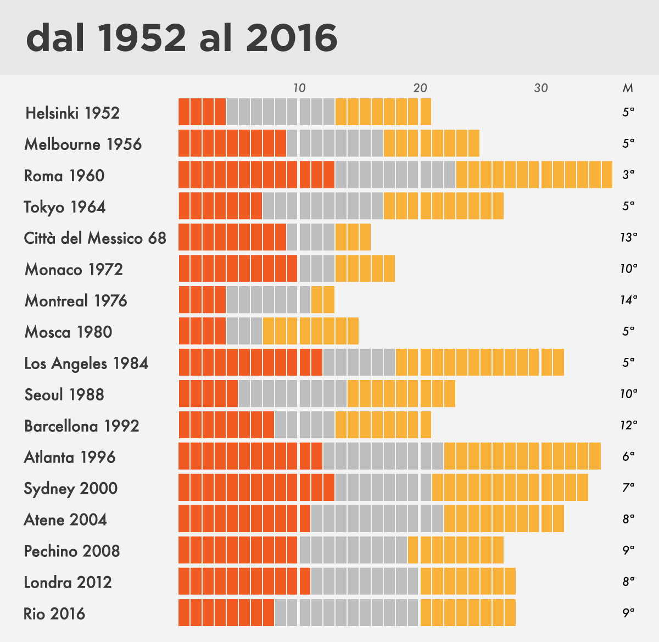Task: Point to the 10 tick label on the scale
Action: tap(299, 88)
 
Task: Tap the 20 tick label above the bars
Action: tap(420, 88)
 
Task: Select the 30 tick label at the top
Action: tap(541, 88)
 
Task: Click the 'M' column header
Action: tap(628, 88)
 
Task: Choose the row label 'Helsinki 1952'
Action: tap(72, 113)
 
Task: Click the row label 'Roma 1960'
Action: tap(64, 176)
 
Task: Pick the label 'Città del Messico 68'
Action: tap(95, 238)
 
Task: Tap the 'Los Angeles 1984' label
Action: tap(86, 364)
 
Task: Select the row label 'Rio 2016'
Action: tap(54, 613)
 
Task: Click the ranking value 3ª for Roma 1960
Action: tap(628, 175)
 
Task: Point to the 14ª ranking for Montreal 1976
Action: tap(628, 300)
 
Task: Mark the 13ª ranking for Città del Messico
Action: tap(628, 237)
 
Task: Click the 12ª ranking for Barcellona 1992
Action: tap(628, 425)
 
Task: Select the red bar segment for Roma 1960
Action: tap(256, 175)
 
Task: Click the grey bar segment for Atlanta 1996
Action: tap(383, 456)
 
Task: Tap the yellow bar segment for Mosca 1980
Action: tap(311, 331)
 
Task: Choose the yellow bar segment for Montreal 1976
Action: tap(323, 300)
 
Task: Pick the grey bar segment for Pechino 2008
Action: tap(353, 550)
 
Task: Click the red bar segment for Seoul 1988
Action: tap(208, 394)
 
